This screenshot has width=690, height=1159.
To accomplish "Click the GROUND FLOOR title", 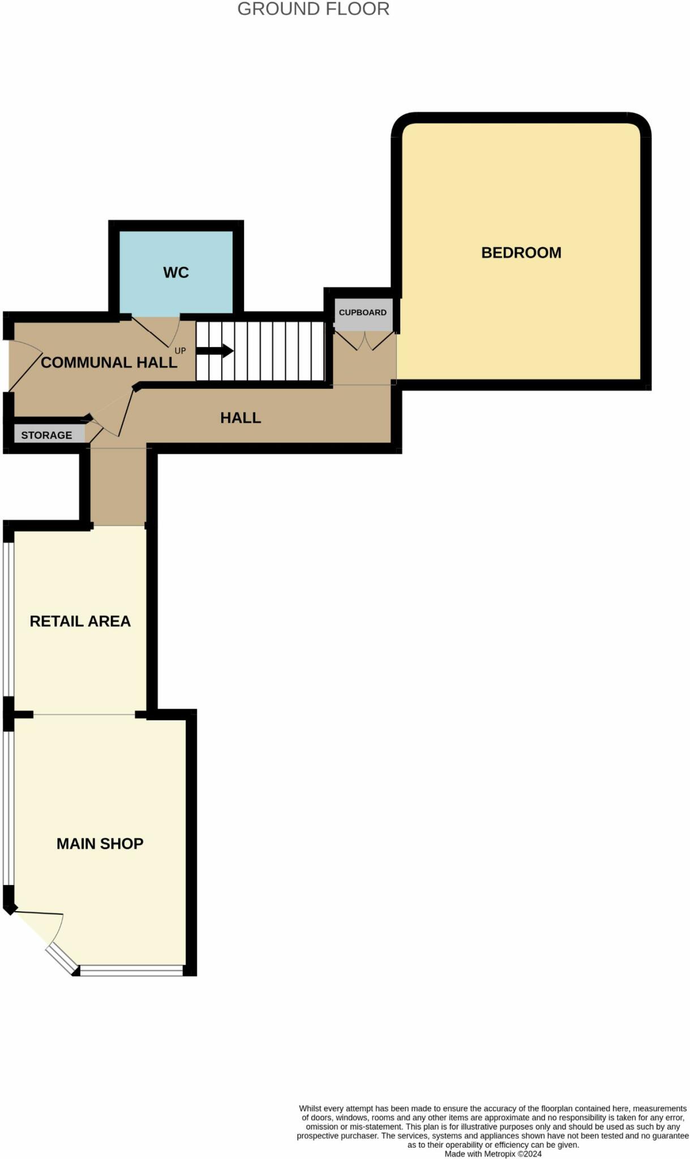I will pos(313,9).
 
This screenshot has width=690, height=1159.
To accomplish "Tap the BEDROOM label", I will pos(521,252).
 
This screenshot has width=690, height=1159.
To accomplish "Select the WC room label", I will pos(175,272).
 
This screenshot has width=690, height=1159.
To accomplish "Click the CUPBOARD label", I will pos(362,312).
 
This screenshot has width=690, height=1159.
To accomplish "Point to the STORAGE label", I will pos(46,435).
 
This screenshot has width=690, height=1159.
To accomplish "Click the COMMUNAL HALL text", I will pos(109,362).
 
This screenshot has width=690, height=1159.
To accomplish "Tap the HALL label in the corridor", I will pos(241,418).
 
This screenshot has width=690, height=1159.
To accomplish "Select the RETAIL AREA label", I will pos(80,621).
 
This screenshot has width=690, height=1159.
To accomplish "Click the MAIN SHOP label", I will pos(100,843).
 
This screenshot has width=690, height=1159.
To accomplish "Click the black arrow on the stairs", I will pos(215,351).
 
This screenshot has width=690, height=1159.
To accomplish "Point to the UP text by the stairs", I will pos(180,351).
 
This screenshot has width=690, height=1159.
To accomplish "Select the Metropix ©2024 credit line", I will pos(492,1154).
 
